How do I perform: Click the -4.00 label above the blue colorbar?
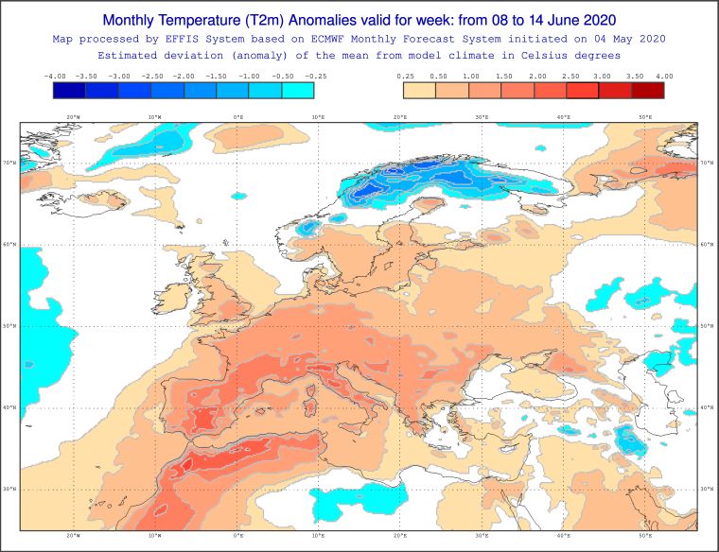[54, 76]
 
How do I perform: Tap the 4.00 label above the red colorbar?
[663, 76]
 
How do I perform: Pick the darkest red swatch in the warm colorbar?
[647, 90]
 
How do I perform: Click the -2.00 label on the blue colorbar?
[184, 76]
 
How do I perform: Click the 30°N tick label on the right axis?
[706, 490]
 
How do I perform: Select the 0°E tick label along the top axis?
[237, 117]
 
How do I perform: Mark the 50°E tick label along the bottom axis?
[645, 535]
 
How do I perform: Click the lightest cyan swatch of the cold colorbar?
[297, 90]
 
